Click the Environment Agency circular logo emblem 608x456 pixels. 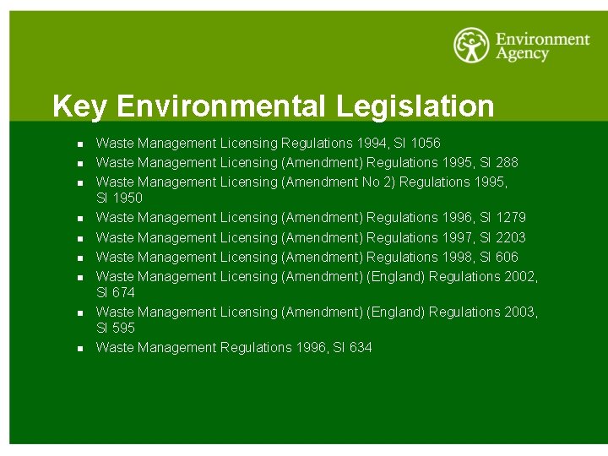click(472, 46)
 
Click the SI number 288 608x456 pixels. click(507, 162)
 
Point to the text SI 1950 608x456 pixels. click(119, 198)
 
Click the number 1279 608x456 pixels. click(510, 218)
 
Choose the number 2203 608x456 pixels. click(510, 237)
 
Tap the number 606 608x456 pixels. click(507, 257)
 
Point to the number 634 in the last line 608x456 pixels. click(360, 348)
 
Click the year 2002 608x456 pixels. click(520, 276)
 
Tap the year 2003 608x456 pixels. click(520, 312)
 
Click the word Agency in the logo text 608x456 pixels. click(522, 54)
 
